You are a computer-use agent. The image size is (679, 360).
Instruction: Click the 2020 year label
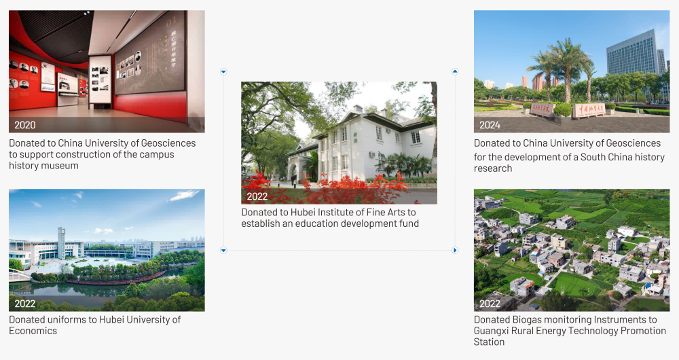click(24, 125)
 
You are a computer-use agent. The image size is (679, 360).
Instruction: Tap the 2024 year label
click(490, 125)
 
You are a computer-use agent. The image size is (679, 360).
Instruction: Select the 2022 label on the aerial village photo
click(490, 304)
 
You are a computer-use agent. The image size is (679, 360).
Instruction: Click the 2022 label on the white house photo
click(257, 197)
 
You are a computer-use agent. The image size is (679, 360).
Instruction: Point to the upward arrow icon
click(455, 71)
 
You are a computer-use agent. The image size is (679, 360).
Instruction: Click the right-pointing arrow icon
click(455, 250)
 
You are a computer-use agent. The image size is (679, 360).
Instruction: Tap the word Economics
click(33, 331)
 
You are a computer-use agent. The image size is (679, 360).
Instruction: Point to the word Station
click(489, 342)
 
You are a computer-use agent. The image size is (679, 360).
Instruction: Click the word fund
click(409, 223)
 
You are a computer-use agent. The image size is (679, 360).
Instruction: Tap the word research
click(493, 168)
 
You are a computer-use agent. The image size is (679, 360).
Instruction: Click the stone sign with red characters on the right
click(588, 110)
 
